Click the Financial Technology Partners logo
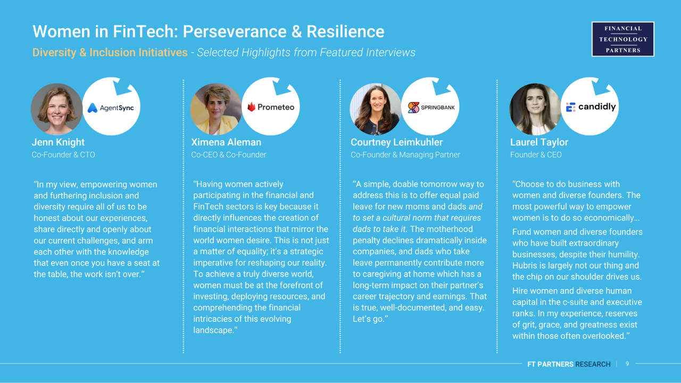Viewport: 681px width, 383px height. click(x=622, y=39)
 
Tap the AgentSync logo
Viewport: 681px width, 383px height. click(x=111, y=108)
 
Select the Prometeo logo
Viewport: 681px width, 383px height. click(x=271, y=107)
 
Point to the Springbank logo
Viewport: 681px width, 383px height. click(x=431, y=107)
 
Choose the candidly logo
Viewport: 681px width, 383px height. click(x=591, y=107)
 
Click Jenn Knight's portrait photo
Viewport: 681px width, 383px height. click(x=57, y=109)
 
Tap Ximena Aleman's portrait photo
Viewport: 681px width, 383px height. click(x=216, y=109)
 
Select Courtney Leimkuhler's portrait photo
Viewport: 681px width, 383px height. click(x=376, y=109)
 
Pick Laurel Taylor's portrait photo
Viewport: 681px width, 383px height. click(x=535, y=109)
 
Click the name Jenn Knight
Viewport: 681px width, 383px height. click(x=58, y=142)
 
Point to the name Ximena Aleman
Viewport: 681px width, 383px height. click(x=226, y=142)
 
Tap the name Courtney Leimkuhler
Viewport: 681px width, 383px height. click(x=397, y=142)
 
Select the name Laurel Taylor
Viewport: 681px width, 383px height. click(x=539, y=142)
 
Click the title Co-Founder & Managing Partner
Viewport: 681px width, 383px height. click(x=405, y=155)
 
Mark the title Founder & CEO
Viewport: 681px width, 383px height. click(x=536, y=155)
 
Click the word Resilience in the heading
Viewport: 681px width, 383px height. click(x=345, y=31)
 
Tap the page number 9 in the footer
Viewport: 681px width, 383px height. click(x=627, y=364)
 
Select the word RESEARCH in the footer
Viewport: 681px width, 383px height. click(x=593, y=364)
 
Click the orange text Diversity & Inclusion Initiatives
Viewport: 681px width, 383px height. click(x=110, y=52)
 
